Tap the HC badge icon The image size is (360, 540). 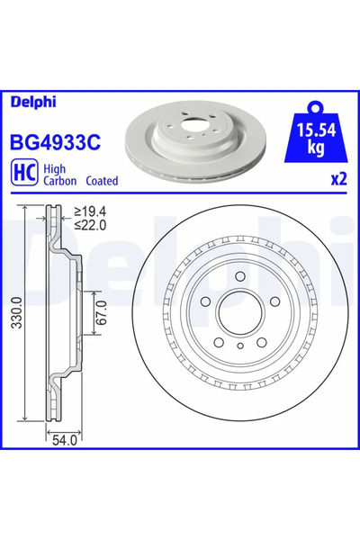(24, 173)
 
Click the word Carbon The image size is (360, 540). (61, 180)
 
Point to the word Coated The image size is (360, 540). (102, 180)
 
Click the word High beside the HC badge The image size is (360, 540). (56, 166)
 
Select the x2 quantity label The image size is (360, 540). (337, 179)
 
